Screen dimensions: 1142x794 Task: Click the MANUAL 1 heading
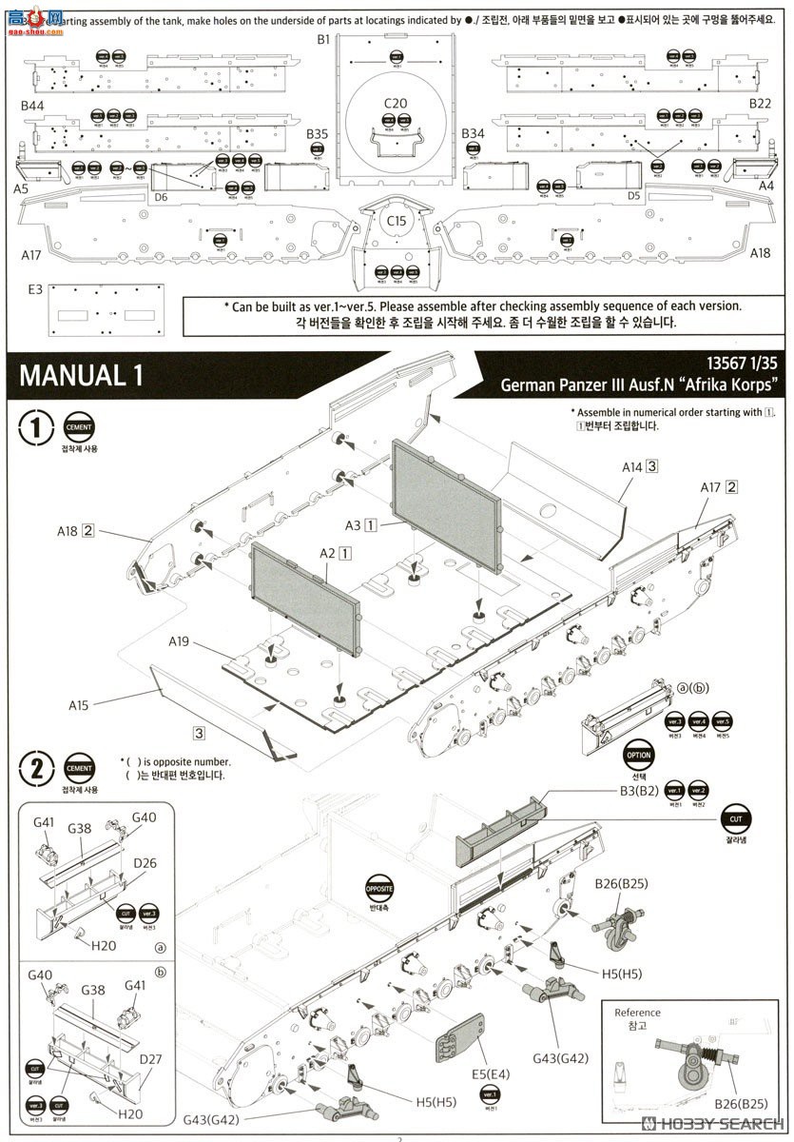[x=81, y=374]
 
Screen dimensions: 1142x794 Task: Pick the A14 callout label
[x=631, y=466]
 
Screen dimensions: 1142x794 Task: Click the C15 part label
[x=396, y=221]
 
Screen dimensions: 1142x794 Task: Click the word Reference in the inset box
[x=637, y=1013]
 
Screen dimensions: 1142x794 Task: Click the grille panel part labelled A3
[x=447, y=504]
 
